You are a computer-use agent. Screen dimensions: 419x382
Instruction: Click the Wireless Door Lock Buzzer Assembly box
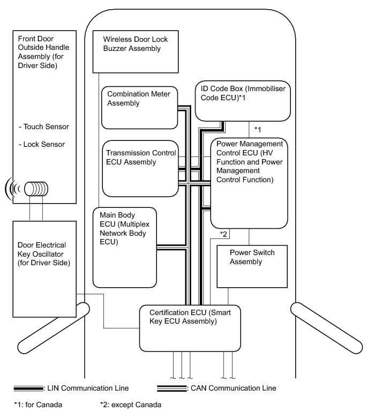(x=136, y=51)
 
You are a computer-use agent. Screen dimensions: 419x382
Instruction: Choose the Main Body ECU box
(x=125, y=247)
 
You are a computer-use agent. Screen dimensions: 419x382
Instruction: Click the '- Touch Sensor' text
(x=43, y=127)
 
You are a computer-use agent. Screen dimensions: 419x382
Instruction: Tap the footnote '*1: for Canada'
(x=39, y=405)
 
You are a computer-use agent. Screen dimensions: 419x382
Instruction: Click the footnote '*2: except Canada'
(x=130, y=405)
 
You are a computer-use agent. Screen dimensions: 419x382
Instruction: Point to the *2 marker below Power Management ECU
(x=224, y=234)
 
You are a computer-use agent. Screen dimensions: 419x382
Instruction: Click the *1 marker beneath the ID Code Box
(x=257, y=130)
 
